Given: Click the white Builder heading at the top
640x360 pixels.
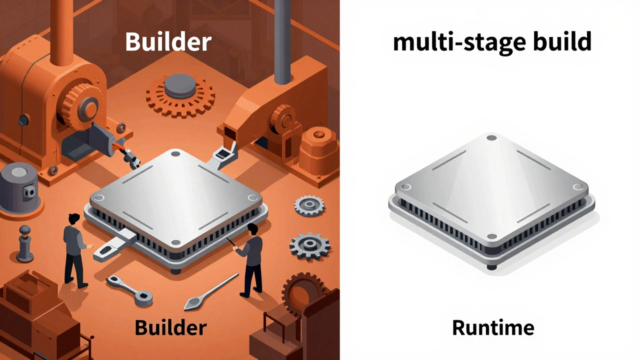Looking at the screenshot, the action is tap(168, 41).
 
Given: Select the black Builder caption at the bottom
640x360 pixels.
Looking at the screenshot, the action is tap(170, 327).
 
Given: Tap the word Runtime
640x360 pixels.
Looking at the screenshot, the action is tap(493, 327).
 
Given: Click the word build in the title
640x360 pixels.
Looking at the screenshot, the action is tap(562, 41).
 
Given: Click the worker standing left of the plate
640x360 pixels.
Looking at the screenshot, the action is tap(75, 250).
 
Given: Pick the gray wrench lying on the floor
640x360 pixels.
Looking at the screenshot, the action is tap(129, 290).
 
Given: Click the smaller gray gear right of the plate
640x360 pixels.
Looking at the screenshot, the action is tap(309, 205).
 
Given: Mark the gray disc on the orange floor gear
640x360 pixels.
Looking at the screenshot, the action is tap(180, 85).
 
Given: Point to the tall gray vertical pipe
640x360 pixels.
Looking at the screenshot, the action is tap(282, 41).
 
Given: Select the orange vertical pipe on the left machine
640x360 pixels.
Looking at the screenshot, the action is tap(61, 33).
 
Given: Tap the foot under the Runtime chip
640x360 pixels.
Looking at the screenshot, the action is tap(491, 267).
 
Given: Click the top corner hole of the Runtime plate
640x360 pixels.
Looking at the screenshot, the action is tap(491, 137).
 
